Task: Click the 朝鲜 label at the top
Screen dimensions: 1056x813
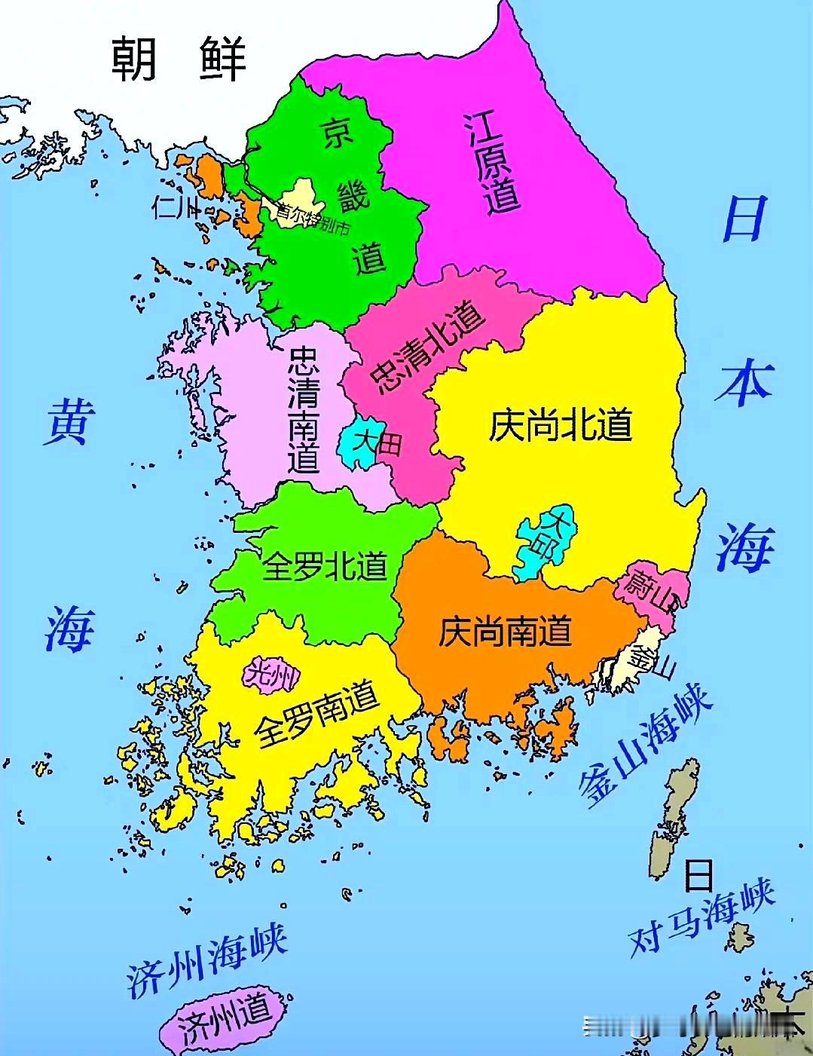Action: tap(179, 58)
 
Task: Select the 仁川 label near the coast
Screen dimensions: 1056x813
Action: tap(175, 206)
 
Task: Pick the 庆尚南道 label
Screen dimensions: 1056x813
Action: tap(505, 632)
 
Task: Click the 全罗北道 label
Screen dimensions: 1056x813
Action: tap(325, 565)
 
